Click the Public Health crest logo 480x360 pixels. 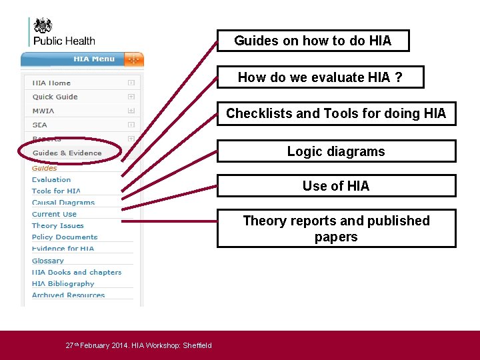pyautogui.click(x=43, y=26)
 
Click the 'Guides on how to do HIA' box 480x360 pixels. pyautogui.click(x=313, y=41)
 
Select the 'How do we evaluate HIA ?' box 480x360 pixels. pyautogui.click(x=320, y=78)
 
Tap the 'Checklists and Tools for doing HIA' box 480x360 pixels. pyautogui.click(x=336, y=113)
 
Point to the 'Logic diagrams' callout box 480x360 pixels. pyautogui.click(x=336, y=151)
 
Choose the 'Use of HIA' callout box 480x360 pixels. pyautogui.click(x=336, y=186)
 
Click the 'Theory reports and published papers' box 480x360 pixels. pyautogui.click(x=336, y=229)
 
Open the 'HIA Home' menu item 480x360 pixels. pyautogui.click(x=51, y=83)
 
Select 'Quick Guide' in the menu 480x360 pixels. pyautogui.click(x=55, y=97)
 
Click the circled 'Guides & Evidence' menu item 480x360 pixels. pyautogui.click(x=67, y=153)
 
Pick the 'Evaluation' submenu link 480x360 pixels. pyautogui.click(x=51, y=179)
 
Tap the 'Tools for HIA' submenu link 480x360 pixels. pyautogui.click(x=56, y=191)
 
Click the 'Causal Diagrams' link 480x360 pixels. pyautogui.click(x=63, y=203)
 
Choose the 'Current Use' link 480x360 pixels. pyautogui.click(x=54, y=214)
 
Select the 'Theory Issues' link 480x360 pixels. pyautogui.click(x=58, y=225)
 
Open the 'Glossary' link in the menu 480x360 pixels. pyautogui.click(x=48, y=261)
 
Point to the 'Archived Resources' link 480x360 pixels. pyautogui.click(x=68, y=295)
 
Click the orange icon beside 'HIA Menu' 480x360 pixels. pyautogui.click(x=133, y=59)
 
